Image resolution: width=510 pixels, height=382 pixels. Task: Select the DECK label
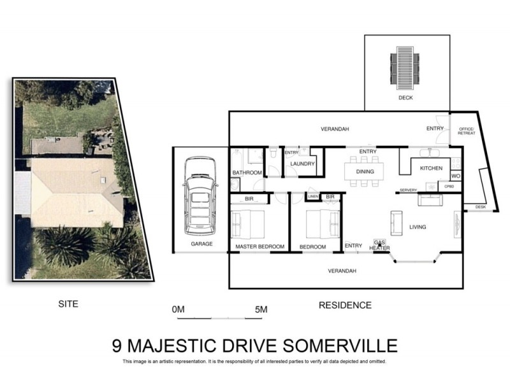[x=405, y=98]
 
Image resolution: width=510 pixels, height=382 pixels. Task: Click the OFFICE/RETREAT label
[x=467, y=132]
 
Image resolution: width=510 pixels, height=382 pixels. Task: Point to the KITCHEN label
[x=431, y=168]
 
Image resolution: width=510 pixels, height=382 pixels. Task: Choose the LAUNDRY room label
[x=302, y=164]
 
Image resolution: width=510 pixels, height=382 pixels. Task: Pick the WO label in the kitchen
[x=455, y=176]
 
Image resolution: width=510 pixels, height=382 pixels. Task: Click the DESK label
[x=480, y=207]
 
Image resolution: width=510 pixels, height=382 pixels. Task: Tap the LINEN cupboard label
[x=312, y=197]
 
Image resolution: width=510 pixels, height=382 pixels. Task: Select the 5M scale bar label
[x=260, y=309]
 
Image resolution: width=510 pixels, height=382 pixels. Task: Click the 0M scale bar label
[x=178, y=309]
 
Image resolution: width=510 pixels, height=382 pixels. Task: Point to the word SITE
[x=68, y=304]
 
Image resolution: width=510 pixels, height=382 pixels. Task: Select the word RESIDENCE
[x=345, y=305]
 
